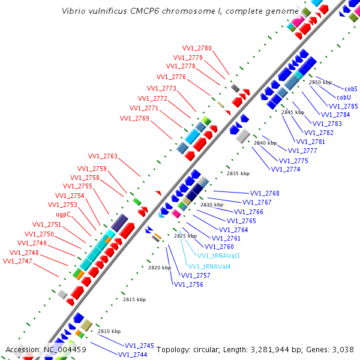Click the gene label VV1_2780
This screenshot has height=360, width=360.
tap(197, 48)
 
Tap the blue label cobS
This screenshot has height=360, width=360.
tap(351, 88)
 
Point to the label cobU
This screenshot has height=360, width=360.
tap(343, 97)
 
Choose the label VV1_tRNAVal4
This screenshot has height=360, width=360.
tap(210, 266)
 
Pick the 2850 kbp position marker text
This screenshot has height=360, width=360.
tap(320, 82)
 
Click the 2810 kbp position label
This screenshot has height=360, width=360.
tap(109, 331)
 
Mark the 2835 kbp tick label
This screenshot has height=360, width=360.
tap(238, 173)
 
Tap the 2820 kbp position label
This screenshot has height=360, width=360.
tap(160, 268)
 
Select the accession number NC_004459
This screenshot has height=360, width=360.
tap(65, 349)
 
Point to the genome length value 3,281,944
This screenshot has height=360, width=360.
tap(281, 349)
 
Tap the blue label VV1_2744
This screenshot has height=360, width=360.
tap(133, 355)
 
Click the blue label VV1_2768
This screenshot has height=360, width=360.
tap(265, 193)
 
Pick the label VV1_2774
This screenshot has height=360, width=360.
tap(286, 169)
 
